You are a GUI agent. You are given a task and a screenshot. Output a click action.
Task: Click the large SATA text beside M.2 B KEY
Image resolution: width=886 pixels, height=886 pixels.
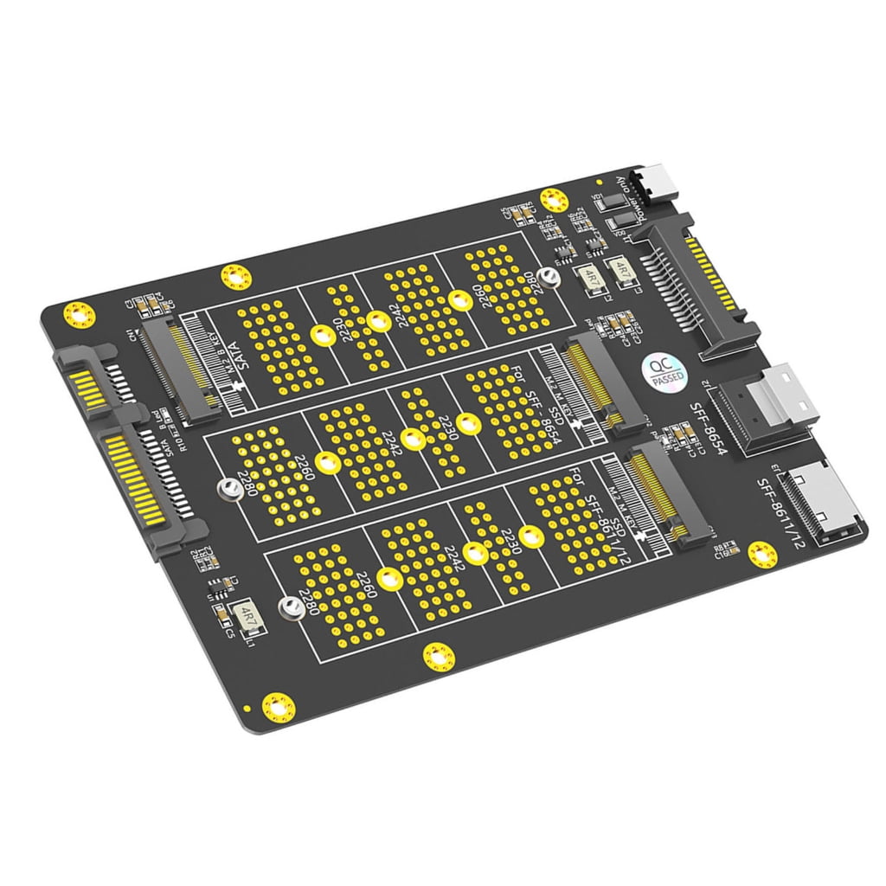point(230,355)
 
